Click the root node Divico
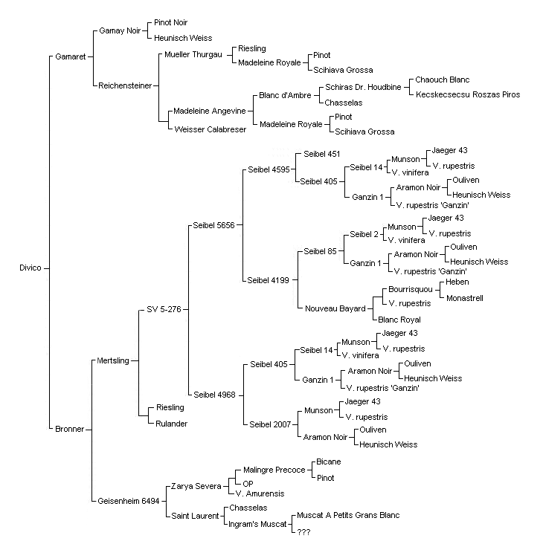point(30,268)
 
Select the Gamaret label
point(70,56)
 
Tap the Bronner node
point(69,429)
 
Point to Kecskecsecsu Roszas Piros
point(468,94)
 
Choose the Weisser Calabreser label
point(210,129)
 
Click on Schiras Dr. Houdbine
point(363,87)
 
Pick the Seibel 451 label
point(321,154)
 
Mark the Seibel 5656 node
point(214,225)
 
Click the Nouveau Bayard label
point(335,308)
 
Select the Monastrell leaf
point(465,298)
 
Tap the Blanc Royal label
point(399,320)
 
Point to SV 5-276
point(164,309)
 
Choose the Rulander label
point(171,424)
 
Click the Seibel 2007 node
point(270,424)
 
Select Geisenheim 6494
point(129,501)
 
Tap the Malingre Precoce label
point(274,470)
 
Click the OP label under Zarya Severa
point(248,484)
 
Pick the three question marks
point(303,532)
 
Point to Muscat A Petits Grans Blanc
point(348,515)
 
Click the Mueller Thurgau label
point(193,54)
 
